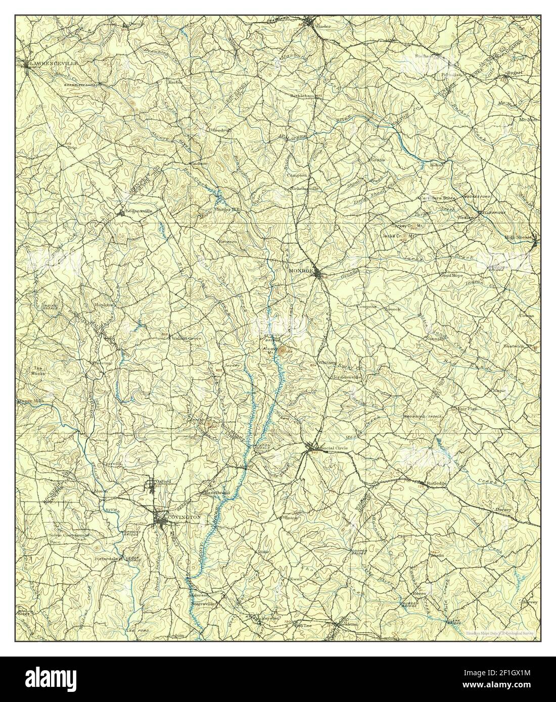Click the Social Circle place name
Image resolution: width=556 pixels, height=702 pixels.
click(331, 448)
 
